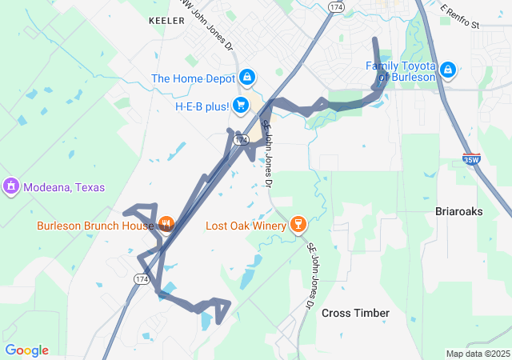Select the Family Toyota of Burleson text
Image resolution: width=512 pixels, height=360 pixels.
[x=401, y=71]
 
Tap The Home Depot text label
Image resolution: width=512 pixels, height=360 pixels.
[x=193, y=78]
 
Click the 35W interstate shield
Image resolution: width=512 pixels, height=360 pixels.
[x=471, y=159]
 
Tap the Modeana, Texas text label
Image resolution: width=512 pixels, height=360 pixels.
[x=64, y=187]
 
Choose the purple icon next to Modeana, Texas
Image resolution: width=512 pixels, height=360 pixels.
[x=11, y=187]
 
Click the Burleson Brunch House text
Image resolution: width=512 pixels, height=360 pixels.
[x=94, y=226]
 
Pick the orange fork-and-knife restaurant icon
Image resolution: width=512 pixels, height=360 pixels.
[x=166, y=224]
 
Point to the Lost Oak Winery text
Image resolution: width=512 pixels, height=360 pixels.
[x=246, y=226]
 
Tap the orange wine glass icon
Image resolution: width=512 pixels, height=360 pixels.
[x=298, y=224]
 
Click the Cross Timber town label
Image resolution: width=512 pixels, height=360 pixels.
[x=355, y=313]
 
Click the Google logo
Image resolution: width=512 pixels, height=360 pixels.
[x=26, y=350]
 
